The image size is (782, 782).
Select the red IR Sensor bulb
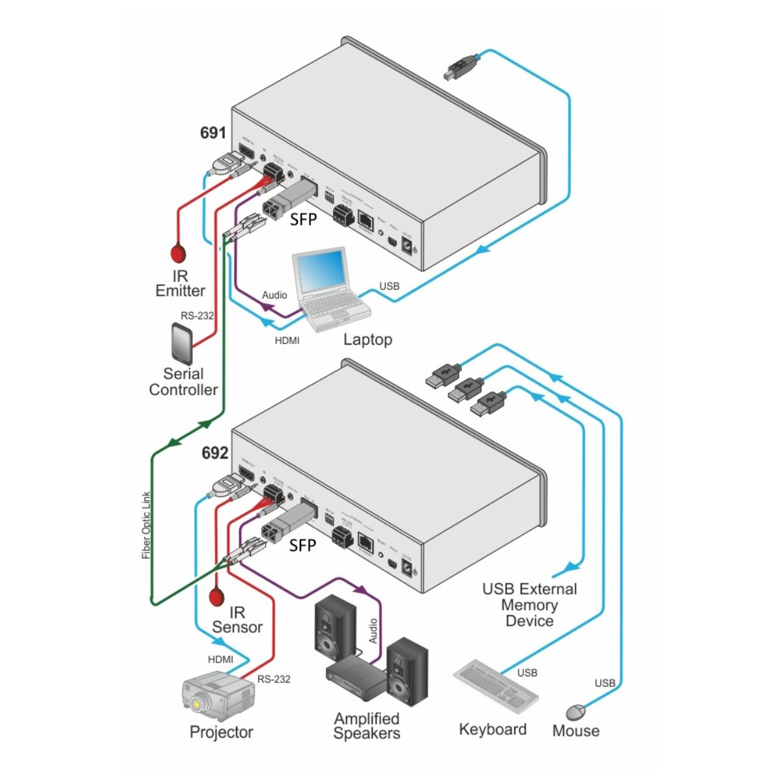pyautogui.click(x=216, y=596)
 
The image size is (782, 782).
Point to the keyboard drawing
pyautogui.click(x=496, y=688)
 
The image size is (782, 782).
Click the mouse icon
pyautogui.click(x=575, y=711)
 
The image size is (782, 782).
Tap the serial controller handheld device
pyautogui.click(x=182, y=344)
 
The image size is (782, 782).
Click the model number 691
pyautogui.click(x=212, y=133)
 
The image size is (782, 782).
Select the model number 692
pyautogui.click(x=214, y=453)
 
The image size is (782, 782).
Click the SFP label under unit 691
pyautogui.click(x=304, y=220)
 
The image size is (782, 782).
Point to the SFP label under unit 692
pyautogui.click(x=302, y=545)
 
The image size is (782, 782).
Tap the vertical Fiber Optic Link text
pyautogui.click(x=146, y=525)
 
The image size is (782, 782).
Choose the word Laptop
pyautogui.click(x=368, y=340)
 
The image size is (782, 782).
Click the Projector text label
pyautogui.click(x=221, y=732)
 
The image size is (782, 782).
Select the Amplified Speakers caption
pyautogui.click(x=367, y=726)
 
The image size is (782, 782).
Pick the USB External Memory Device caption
pyautogui.click(x=529, y=605)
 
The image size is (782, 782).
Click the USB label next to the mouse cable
pyautogui.click(x=605, y=683)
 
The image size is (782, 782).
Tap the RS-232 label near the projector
pyautogui.click(x=274, y=679)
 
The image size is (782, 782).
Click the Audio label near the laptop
pyautogui.click(x=274, y=295)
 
